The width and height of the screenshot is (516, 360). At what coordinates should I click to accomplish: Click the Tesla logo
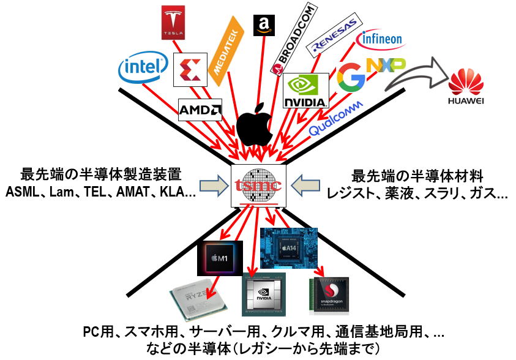(x=173, y=23)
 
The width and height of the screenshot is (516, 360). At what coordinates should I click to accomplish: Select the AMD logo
(x=200, y=110)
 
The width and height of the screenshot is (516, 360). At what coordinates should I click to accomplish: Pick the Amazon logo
(x=265, y=25)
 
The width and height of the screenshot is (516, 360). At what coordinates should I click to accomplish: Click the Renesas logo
(x=334, y=39)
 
